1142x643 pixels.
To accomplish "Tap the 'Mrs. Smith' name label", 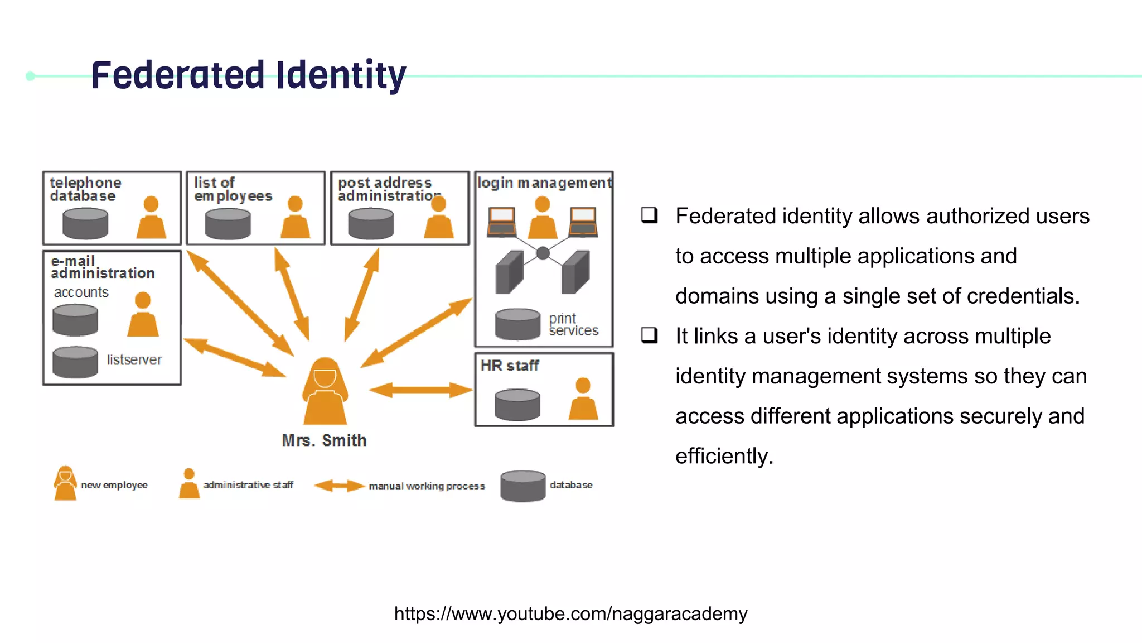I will [324, 440].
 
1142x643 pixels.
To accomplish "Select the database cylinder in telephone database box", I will [85, 223].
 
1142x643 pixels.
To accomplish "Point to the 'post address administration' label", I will [388, 189].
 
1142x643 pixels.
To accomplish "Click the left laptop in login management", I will [501, 221].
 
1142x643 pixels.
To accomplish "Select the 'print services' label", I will [573, 324].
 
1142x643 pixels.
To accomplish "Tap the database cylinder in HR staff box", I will [517, 405].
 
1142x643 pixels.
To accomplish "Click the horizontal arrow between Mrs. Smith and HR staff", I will [421, 390].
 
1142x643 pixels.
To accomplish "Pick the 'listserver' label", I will [134, 360].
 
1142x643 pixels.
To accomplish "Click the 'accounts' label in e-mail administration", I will [81, 292].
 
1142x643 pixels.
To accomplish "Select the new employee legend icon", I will [65, 483].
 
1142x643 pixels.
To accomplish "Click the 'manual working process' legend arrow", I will [339, 486].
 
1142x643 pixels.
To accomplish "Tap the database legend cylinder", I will [522, 486].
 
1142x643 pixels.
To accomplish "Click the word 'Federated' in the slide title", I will [177, 75].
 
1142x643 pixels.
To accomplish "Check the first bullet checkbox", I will [650, 215].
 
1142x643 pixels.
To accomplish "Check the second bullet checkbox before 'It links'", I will [650, 335].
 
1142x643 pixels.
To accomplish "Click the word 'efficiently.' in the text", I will [724, 456].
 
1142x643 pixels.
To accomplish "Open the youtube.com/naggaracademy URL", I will [570, 613].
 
